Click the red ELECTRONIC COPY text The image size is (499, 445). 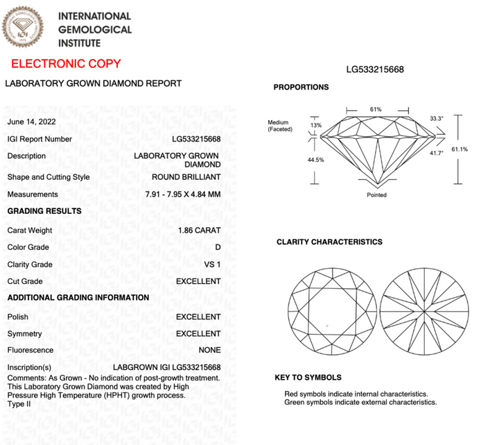(x=66, y=64)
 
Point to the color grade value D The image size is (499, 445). (x=218, y=247)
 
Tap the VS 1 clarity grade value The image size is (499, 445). (x=211, y=265)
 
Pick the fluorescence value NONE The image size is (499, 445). (x=209, y=351)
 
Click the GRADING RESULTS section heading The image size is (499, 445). (x=44, y=211)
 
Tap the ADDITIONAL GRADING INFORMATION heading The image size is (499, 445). (x=78, y=298)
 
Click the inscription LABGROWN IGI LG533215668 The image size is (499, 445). (x=166, y=367)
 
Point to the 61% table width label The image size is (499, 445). (x=376, y=110)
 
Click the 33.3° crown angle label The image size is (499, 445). (x=436, y=119)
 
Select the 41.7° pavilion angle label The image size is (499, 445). (x=436, y=153)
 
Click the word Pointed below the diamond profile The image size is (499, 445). (x=376, y=195)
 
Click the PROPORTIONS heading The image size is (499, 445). (x=301, y=87)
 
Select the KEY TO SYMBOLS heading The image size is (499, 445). (x=308, y=378)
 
